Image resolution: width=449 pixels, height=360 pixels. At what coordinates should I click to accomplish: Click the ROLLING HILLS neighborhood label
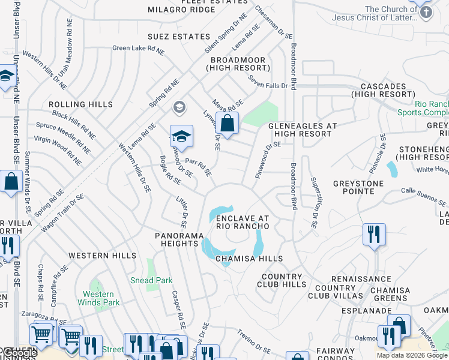click(x=80, y=104)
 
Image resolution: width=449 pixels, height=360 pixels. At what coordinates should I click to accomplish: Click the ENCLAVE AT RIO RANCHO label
click(x=243, y=222)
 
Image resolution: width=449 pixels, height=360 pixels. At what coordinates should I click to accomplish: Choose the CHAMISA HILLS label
click(x=249, y=259)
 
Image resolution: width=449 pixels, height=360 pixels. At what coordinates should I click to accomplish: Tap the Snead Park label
click(x=152, y=280)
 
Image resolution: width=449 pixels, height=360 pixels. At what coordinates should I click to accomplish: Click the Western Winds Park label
click(x=98, y=298)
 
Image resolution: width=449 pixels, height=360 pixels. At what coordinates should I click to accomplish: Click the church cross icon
click(x=424, y=11)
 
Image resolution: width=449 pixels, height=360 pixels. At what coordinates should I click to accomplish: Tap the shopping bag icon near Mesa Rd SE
click(x=227, y=124)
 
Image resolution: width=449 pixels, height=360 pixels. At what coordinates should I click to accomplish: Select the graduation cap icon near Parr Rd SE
click(x=181, y=137)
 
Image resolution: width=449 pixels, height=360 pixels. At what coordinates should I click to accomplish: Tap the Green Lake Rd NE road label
click(x=137, y=49)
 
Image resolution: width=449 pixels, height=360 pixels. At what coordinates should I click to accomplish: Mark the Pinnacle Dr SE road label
click(x=379, y=149)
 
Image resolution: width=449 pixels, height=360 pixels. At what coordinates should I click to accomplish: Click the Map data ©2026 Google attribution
click(x=412, y=355)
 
